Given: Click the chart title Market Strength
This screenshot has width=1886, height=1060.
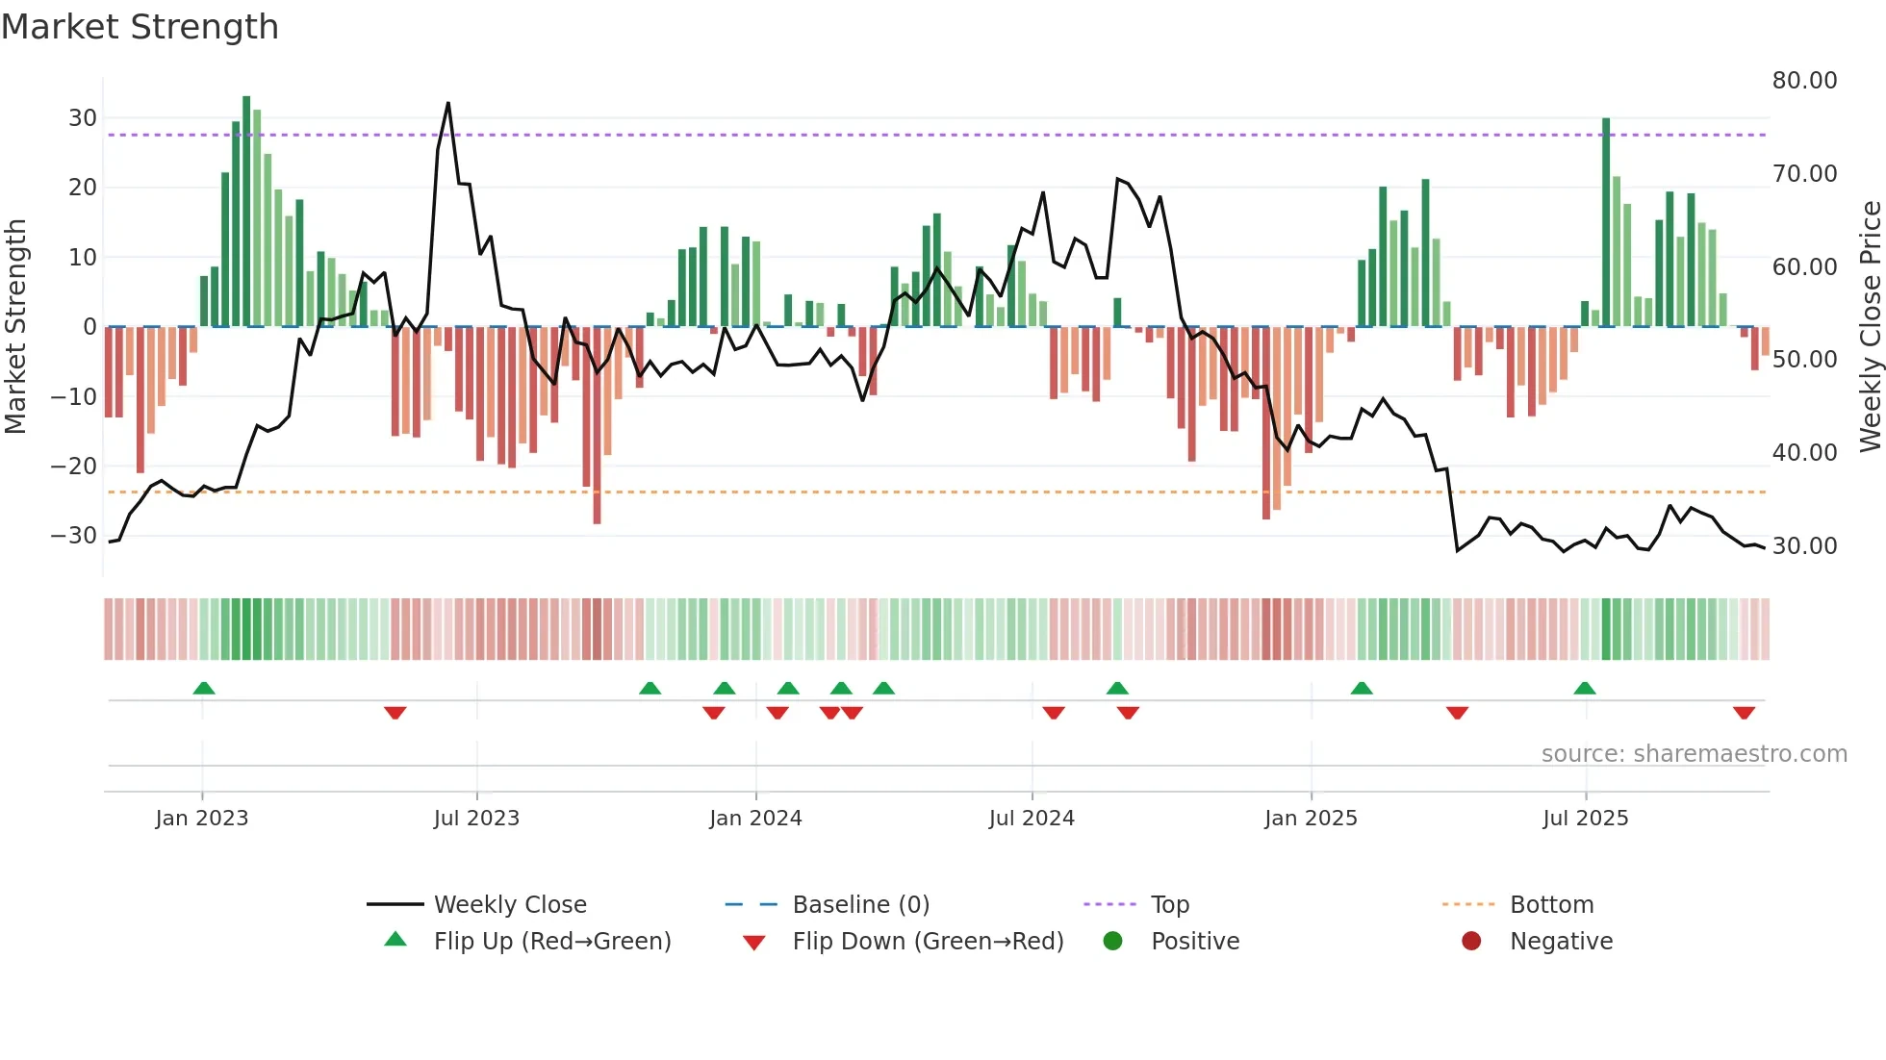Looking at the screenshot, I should [140, 27].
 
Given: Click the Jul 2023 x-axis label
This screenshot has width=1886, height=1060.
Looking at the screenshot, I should [476, 819].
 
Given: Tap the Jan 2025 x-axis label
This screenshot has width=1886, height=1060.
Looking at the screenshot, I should [1311, 819].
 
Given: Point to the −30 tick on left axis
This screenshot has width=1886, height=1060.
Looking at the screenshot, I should [74, 536].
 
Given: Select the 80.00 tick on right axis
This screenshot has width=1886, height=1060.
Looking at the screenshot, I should [1804, 81].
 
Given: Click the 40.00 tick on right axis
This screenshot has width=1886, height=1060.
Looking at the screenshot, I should [1804, 453].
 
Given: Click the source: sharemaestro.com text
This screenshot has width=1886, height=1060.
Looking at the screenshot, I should [1694, 754].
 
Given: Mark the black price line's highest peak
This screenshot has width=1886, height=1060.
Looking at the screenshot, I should [447, 104].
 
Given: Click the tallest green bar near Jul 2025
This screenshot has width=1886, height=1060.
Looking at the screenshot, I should [1606, 221].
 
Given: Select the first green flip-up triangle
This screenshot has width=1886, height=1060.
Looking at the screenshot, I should [203, 688].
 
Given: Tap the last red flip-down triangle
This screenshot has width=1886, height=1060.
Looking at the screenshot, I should [1744, 713].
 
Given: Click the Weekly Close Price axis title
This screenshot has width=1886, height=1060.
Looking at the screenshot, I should [1870, 327].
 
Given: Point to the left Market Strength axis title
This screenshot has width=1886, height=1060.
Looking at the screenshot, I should [15, 327].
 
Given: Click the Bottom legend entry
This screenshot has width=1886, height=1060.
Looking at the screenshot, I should [1551, 905].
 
